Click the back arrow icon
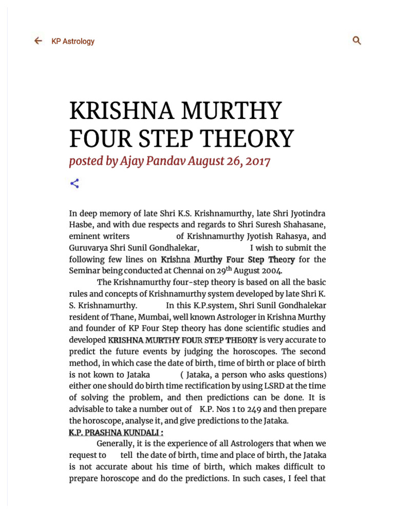point(38,41)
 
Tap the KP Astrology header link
point(73,42)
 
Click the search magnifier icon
point(357,41)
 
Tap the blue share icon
point(74,184)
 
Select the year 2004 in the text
point(271,271)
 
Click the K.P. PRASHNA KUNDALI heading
point(116,432)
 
